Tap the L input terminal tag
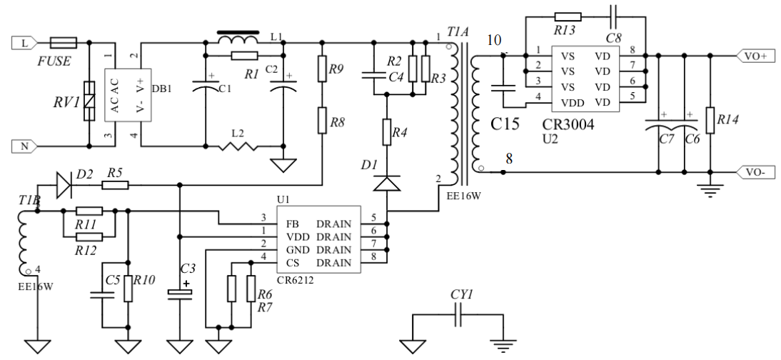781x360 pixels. tap(24, 43)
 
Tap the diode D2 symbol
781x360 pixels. tap(64, 184)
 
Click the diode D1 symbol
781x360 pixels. tap(386, 184)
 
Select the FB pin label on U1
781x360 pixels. tap(292, 224)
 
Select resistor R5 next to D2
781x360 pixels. tap(114, 184)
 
